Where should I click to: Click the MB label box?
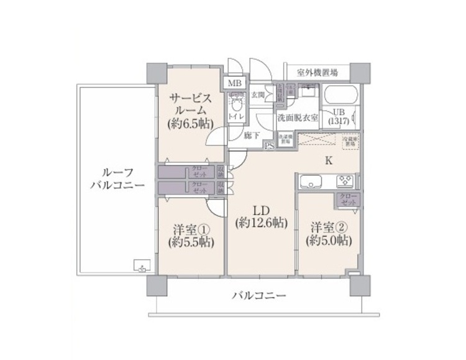(x=236, y=83)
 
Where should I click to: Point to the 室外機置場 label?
(x=318, y=72)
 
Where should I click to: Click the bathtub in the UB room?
(x=341, y=96)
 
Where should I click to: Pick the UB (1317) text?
(x=340, y=116)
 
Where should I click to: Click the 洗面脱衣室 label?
(x=298, y=118)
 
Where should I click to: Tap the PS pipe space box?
(x=268, y=147)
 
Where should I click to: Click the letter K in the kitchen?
(x=329, y=160)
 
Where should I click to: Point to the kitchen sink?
(x=309, y=182)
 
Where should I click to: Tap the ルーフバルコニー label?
(x=117, y=178)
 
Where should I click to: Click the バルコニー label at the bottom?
(x=260, y=296)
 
